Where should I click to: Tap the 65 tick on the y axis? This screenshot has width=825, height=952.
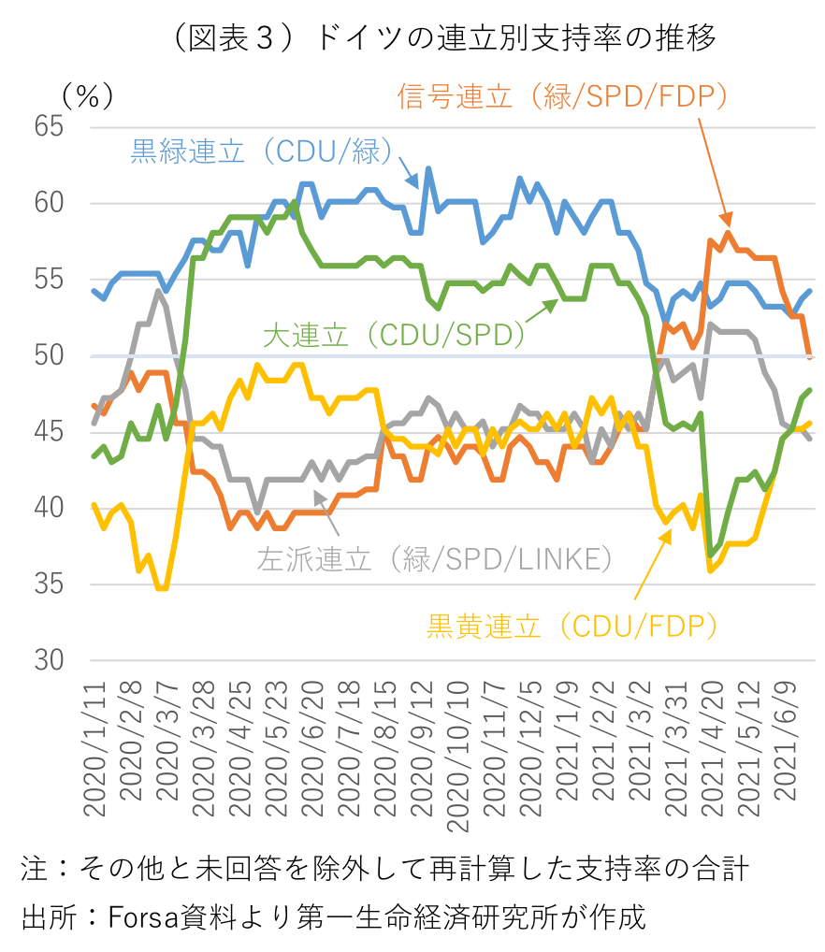49,126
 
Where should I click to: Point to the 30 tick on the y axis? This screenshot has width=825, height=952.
49,660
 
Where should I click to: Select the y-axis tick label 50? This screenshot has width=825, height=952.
49,355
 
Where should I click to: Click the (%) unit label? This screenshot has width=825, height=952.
88,96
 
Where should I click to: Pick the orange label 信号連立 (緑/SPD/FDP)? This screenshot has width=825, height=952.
562,96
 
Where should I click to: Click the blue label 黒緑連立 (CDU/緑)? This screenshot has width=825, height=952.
262,151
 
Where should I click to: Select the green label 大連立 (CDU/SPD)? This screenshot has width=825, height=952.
394,335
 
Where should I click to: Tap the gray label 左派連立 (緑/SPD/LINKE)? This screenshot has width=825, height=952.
435,558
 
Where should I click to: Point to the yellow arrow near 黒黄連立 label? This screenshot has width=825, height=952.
653,564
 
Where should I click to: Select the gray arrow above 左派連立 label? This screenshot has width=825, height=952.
326,512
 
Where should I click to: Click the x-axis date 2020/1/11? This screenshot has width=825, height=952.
94,749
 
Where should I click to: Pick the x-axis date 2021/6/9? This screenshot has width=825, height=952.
785,742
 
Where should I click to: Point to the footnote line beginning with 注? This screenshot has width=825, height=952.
384,868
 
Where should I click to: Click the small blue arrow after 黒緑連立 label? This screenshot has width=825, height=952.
409,172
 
